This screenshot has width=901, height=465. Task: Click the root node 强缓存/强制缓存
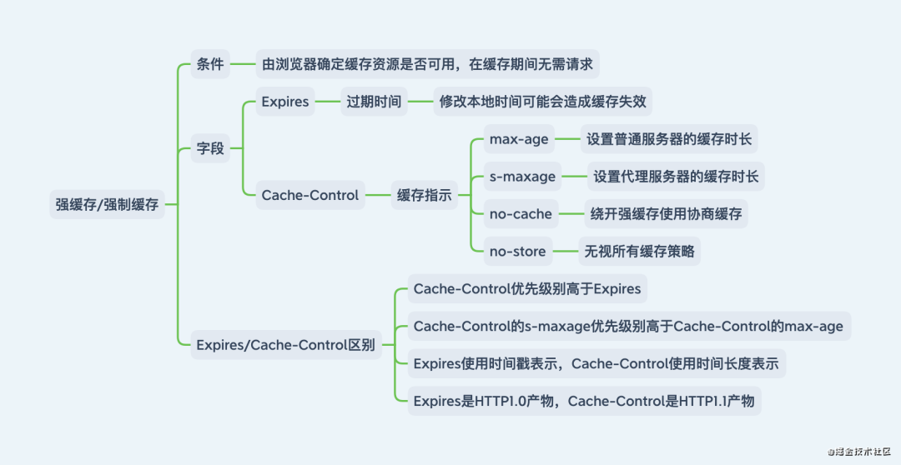coord(107,204)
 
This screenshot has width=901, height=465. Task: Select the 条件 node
coord(209,64)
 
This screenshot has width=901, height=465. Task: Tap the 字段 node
coord(209,149)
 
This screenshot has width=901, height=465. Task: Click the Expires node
coord(285,102)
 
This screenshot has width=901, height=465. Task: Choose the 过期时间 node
coord(374,102)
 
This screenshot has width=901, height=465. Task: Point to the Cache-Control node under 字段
coord(310,195)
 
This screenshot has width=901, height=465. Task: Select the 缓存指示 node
coord(424,195)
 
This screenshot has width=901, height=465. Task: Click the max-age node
coord(519,139)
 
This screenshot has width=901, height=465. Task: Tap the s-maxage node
coord(522,177)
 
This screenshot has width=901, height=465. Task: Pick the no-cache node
coord(521,214)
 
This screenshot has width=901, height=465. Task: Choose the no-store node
coord(518,251)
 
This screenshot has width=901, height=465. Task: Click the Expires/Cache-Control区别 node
coord(284,344)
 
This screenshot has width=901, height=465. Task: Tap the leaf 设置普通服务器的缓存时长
coord(669,139)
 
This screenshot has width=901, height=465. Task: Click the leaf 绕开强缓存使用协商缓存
coord(665,214)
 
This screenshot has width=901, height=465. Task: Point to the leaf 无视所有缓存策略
coord(639,251)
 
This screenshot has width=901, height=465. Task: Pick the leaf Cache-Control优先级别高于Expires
coord(527,289)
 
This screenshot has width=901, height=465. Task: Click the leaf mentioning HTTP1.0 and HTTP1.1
coord(584,401)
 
